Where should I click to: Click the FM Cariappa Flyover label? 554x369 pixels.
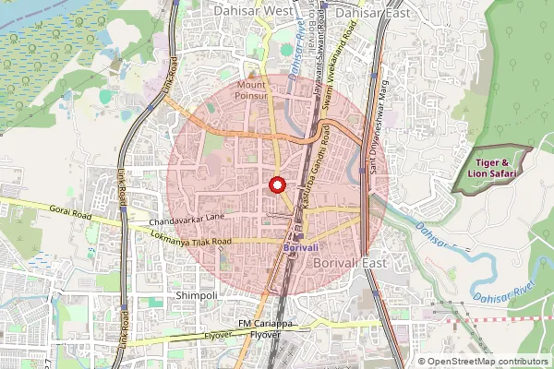click(x=271, y=329)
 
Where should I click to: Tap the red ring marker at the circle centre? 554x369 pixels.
click(x=277, y=184)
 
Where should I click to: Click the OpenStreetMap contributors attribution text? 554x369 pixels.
click(x=482, y=362)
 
